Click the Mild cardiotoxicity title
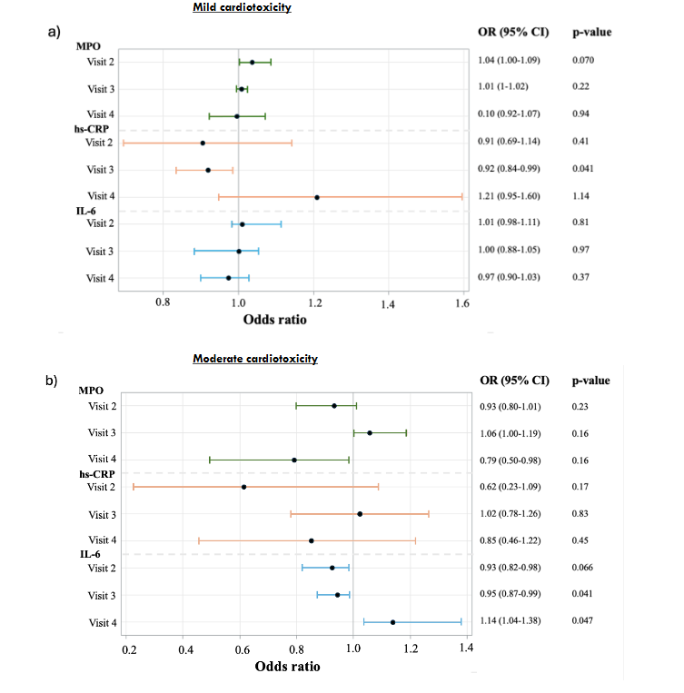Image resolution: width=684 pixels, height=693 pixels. point(248,7)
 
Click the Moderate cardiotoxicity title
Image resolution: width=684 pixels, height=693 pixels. point(255,359)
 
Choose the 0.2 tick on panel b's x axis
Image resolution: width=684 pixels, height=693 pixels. point(131,650)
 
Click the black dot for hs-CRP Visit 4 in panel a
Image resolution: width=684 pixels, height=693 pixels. point(317,197)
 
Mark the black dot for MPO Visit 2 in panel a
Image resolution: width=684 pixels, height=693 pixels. point(253,62)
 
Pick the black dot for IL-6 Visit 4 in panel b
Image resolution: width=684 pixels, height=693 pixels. point(392,622)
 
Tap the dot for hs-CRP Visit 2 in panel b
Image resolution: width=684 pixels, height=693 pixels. point(243,487)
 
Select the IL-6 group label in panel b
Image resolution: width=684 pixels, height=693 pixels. point(91,553)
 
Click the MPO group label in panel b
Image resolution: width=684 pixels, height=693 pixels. point(91,391)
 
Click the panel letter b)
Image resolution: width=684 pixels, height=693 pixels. point(52,381)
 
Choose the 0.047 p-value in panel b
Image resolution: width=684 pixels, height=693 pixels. point(583,622)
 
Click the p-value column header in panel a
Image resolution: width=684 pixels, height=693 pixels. point(591,32)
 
